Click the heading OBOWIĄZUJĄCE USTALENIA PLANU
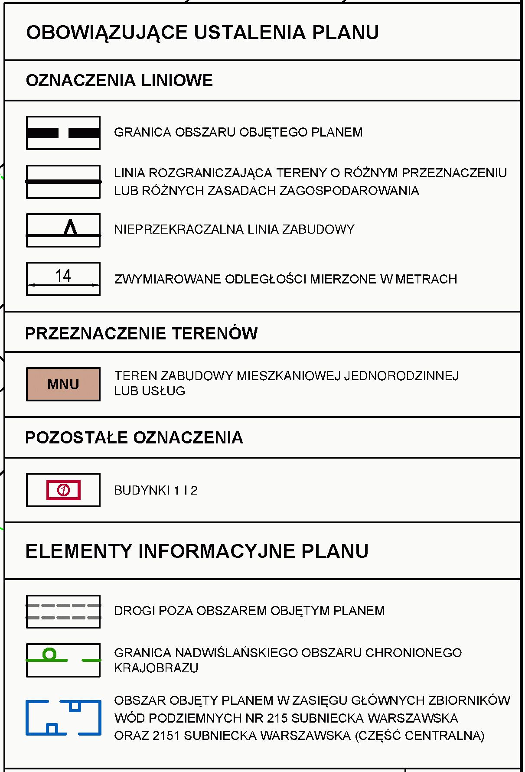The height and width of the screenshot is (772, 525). click(x=202, y=33)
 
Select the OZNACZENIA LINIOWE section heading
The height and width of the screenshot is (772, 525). click(x=119, y=81)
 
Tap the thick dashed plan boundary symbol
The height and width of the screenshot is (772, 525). click(x=63, y=133)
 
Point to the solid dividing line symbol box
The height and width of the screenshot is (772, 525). click(x=63, y=182)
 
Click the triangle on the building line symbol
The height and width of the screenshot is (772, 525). click(x=70, y=228)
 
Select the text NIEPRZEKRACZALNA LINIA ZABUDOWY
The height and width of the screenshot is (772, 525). click(x=234, y=229)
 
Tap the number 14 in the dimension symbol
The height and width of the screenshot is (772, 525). click(x=63, y=276)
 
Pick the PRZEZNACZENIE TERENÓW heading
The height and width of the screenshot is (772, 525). click(x=141, y=334)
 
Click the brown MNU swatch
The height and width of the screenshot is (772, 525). click(x=63, y=384)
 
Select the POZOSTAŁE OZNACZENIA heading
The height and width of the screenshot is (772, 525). click(x=134, y=438)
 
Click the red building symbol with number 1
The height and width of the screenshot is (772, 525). click(x=63, y=490)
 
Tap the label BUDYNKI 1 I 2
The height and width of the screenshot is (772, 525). click(x=156, y=491)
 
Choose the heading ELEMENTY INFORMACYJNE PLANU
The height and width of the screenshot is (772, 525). click(x=197, y=551)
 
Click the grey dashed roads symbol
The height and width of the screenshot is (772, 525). click(x=63, y=611)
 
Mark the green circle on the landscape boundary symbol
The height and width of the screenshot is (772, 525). click(x=50, y=654)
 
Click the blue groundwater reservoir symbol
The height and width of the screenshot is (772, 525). click(x=63, y=717)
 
